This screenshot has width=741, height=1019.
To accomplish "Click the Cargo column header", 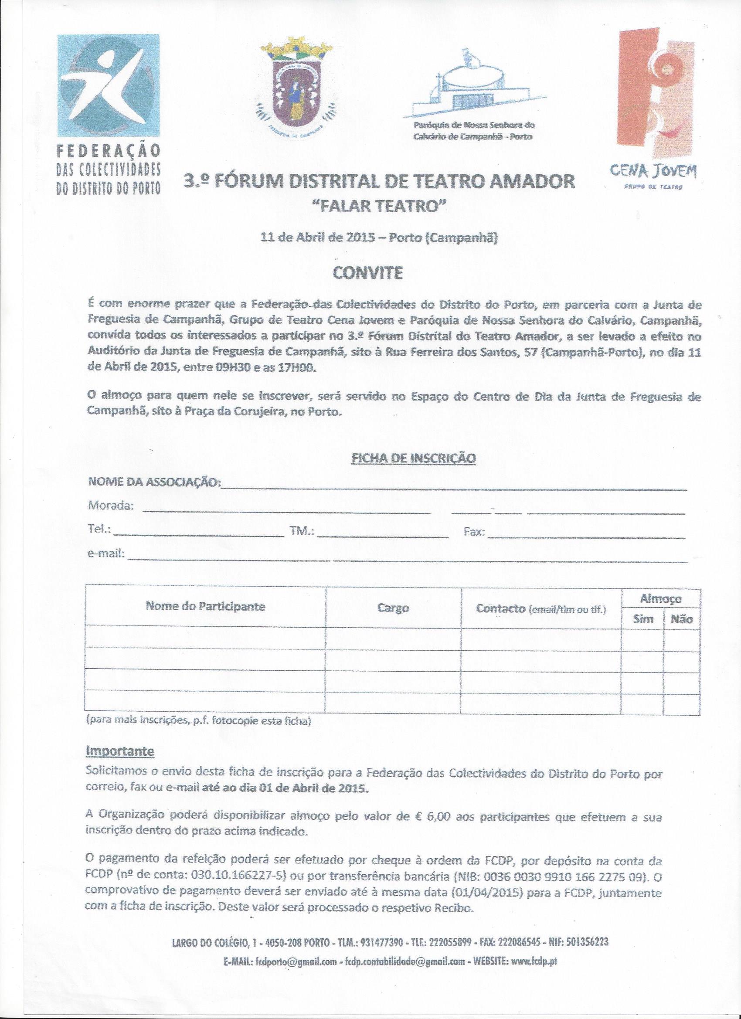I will pos(393,608).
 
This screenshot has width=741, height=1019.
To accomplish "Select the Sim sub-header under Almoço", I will pos(642,619).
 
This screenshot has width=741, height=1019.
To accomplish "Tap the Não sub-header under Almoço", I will pos(681,620).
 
